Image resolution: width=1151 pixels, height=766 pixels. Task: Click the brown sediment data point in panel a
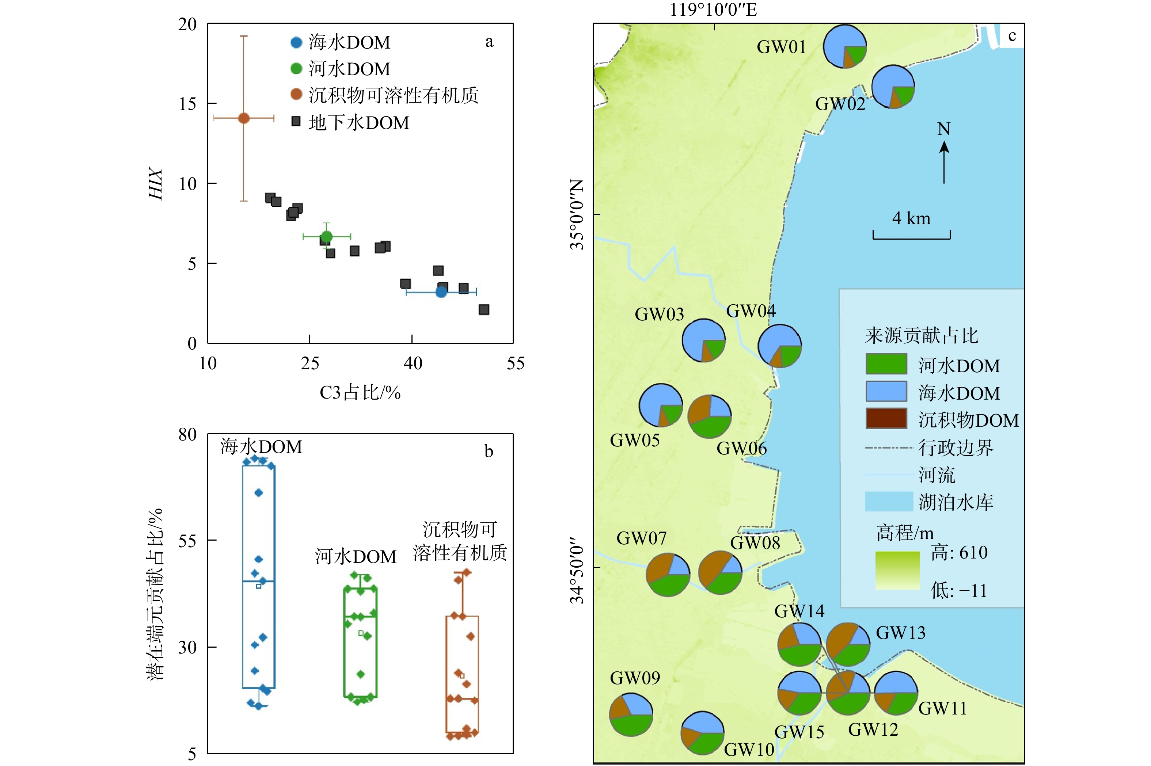click(x=243, y=118)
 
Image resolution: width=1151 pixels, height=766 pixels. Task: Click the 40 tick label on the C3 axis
click(x=412, y=363)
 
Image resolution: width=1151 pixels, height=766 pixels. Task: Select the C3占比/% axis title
click(x=360, y=392)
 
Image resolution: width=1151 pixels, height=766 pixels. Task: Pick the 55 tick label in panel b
click(x=187, y=541)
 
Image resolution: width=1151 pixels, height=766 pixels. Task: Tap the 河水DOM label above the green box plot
click(x=355, y=556)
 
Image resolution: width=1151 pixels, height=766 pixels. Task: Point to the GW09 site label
click(x=635, y=678)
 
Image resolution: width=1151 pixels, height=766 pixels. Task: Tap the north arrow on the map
click(x=944, y=161)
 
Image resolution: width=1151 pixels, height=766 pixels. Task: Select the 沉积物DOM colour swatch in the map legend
click(x=886, y=419)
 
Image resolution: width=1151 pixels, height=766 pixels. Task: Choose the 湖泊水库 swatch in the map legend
click(x=888, y=502)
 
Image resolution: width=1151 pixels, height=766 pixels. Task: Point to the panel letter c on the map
click(x=1012, y=36)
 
